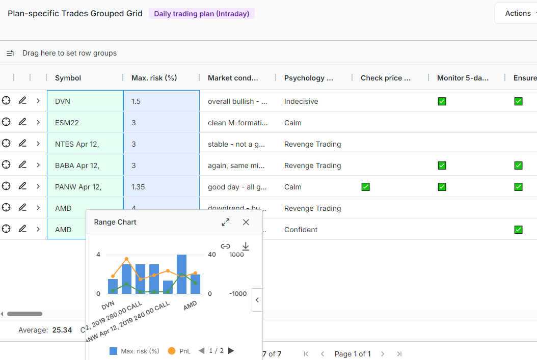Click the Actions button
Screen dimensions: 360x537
click(x=517, y=14)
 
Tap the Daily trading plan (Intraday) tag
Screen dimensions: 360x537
click(x=201, y=14)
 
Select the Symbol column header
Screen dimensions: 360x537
click(x=68, y=78)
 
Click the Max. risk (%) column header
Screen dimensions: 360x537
click(x=154, y=78)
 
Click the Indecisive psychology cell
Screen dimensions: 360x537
click(x=301, y=101)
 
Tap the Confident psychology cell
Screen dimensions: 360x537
click(x=301, y=230)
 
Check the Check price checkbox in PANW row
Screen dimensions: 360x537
click(x=365, y=187)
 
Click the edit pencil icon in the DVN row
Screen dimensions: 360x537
click(x=22, y=101)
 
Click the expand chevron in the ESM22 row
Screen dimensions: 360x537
click(x=38, y=122)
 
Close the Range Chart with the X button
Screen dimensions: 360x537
click(x=246, y=222)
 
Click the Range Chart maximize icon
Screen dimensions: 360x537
click(x=226, y=222)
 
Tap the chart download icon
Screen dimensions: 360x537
click(x=246, y=246)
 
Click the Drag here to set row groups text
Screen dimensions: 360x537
click(x=69, y=53)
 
